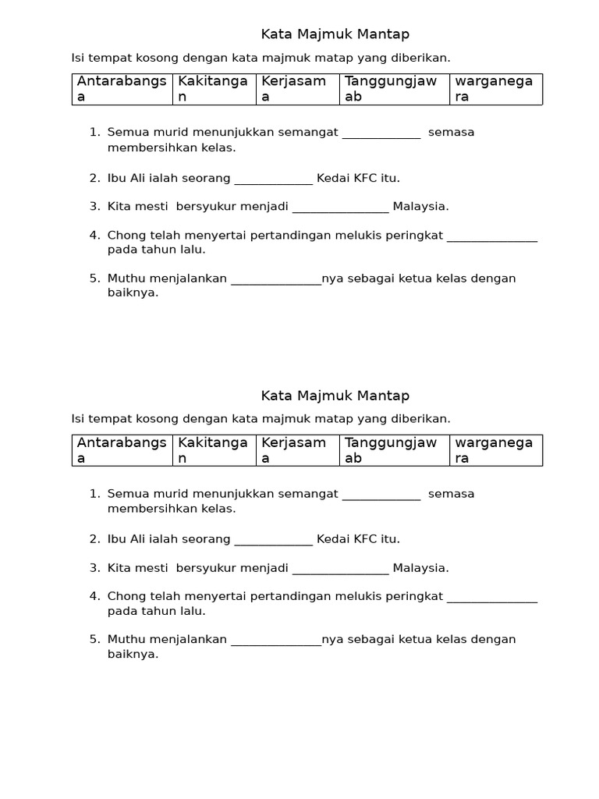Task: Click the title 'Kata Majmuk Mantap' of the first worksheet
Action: [335, 34]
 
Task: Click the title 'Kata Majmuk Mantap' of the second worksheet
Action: [335, 396]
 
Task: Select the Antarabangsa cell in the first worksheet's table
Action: [122, 89]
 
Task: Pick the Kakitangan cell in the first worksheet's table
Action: [214, 89]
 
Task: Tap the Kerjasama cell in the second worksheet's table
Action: [297, 450]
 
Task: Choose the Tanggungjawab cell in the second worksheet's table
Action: [394, 450]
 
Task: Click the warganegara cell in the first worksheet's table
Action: [495, 89]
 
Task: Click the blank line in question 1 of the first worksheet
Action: [381, 133]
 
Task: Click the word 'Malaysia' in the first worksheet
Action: [420, 207]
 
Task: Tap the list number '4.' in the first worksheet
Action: [94, 235]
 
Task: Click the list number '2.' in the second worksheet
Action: [94, 539]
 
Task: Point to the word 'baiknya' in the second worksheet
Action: [132, 655]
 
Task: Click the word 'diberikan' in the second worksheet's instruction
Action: [422, 419]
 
